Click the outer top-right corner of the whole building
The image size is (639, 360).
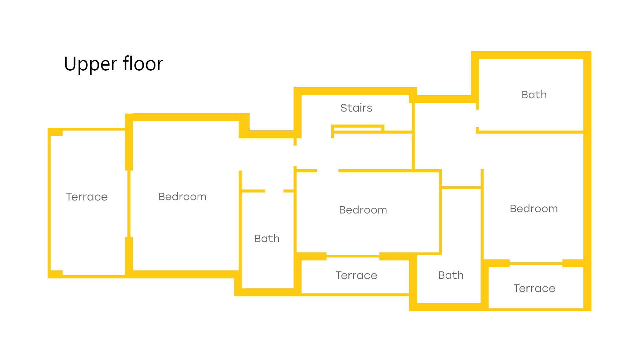pyautogui.click(x=591, y=52)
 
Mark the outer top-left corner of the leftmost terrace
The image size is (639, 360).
pyautogui.click(x=48, y=128)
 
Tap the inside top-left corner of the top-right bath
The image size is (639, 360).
pyautogui.click(x=479, y=60)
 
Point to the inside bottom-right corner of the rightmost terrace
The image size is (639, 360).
pyautogui.click(x=583, y=308)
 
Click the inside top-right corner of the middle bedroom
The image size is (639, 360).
pyautogui.click(x=439, y=173)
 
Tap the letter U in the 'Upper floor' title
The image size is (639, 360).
pyautogui.click(x=71, y=64)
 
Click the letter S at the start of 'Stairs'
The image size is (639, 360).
pyautogui.click(x=343, y=108)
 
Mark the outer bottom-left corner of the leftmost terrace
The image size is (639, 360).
pyautogui.click(x=48, y=278)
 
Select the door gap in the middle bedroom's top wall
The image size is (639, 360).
pyautogui.click(x=327, y=171)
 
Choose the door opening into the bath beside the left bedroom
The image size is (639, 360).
pyautogui.click(x=274, y=191)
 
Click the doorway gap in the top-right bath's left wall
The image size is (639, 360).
pyautogui.click(x=477, y=118)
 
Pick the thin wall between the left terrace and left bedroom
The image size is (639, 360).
pyautogui.click(x=129, y=204)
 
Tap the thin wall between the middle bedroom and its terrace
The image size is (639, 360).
pyautogui.click(x=353, y=256)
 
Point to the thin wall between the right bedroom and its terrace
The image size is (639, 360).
pyautogui.click(x=536, y=263)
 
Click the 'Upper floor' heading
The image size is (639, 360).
pyautogui.click(x=113, y=64)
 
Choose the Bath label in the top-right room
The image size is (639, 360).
pyautogui.click(x=534, y=95)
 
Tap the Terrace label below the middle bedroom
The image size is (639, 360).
pyautogui.click(x=356, y=275)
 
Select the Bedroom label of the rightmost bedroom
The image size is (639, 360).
pyautogui.click(x=533, y=208)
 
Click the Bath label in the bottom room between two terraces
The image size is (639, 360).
pyautogui.click(x=451, y=275)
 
